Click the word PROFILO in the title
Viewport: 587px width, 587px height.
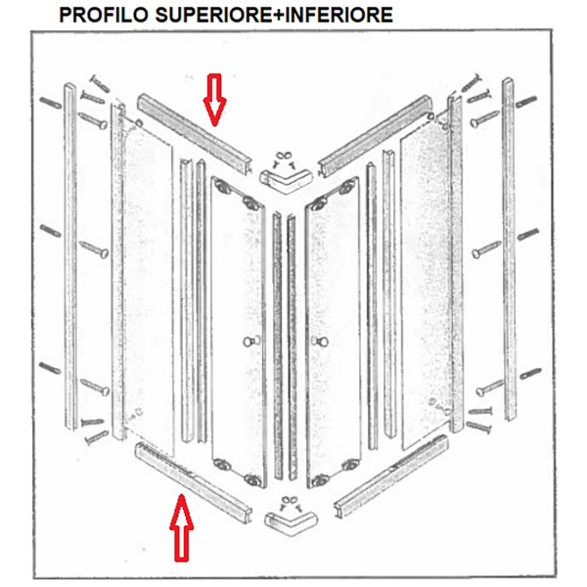(x=105, y=15)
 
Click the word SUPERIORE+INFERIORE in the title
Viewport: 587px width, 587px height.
(x=274, y=15)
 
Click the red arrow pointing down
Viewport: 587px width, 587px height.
(x=214, y=100)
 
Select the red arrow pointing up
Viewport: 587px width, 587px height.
(x=182, y=528)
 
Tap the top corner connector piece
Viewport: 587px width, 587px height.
(x=286, y=181)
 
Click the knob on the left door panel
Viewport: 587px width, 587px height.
(x=248, y=341)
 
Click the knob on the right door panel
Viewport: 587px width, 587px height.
(x=321, y=341)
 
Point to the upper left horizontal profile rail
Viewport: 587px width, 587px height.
(x=195, y=134)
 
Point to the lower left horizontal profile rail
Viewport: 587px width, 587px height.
(x=193, y=483)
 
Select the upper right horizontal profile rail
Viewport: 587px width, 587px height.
(x=375, y=137)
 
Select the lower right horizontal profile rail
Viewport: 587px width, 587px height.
(x=391, y=476)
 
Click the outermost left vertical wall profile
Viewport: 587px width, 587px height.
(x=70, y=256)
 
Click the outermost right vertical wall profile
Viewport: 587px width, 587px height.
(x=509, y=249)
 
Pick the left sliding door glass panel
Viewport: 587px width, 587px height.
(x=239, y=333)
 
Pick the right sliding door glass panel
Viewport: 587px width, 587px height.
(x=334, y=333)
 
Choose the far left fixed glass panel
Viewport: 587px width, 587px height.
(x=149, y=290)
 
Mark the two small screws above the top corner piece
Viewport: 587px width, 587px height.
(x=284, y=159)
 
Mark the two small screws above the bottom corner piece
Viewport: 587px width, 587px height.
(x=291, y=503)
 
